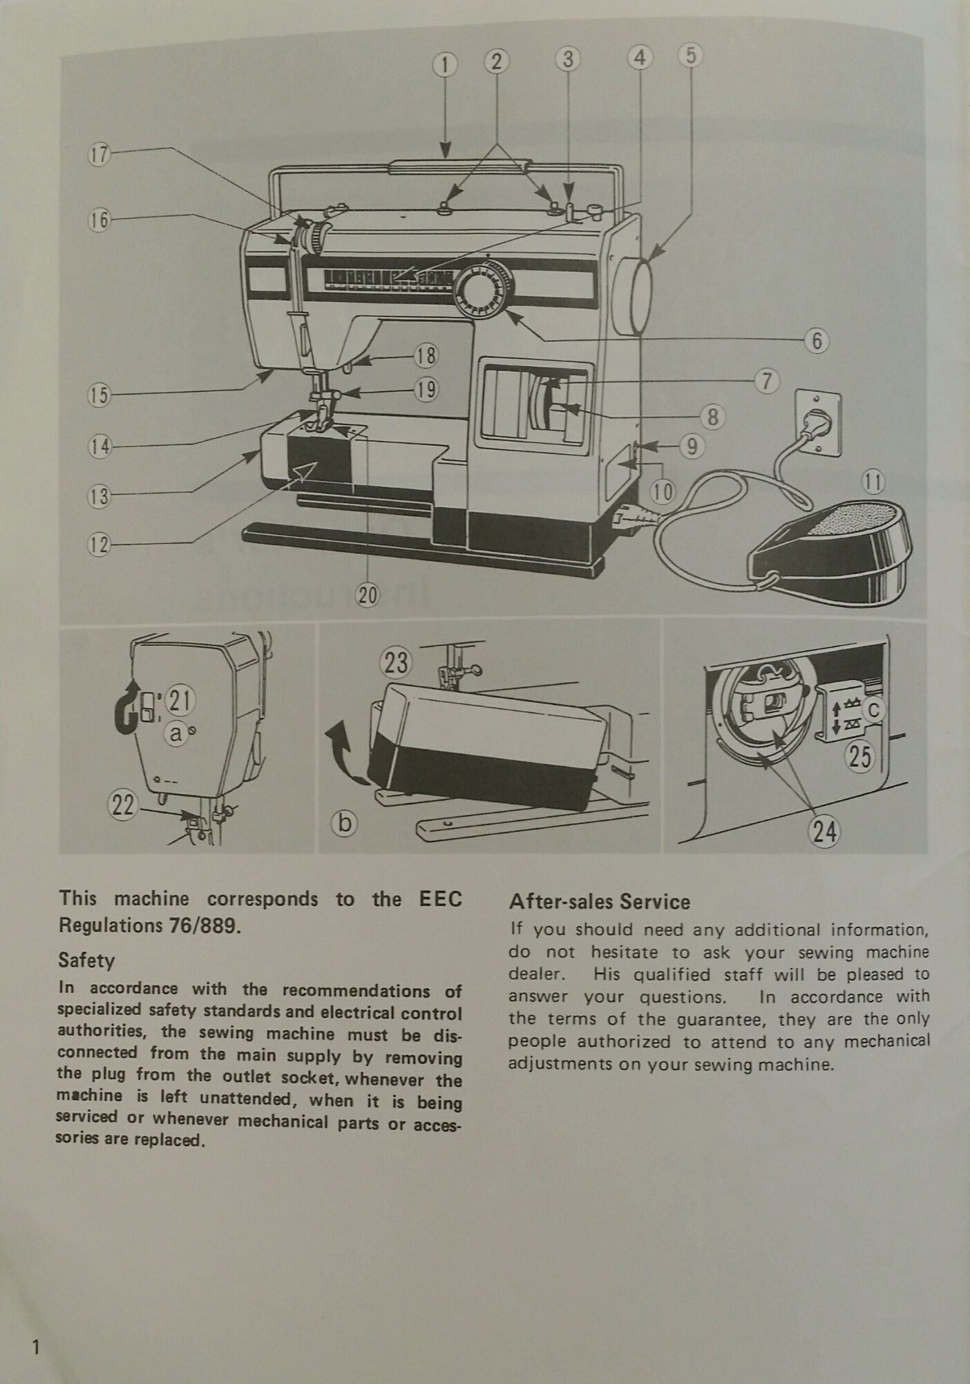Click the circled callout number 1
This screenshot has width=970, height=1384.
click(445, 66)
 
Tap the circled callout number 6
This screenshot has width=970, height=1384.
click(817, 341)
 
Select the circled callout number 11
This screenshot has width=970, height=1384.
click(873, 482)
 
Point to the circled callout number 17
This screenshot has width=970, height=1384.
click(100, 154)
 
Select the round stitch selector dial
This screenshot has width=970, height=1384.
click(482, 289)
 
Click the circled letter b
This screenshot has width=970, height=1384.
click(345, 822)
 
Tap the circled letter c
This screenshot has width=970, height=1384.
click(875, 710)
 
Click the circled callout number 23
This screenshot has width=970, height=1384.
click(396, 664)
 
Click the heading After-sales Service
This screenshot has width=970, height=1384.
click(599, 902)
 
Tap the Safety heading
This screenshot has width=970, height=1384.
click(86, 960)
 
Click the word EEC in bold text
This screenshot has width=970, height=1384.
click(440, 899)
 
